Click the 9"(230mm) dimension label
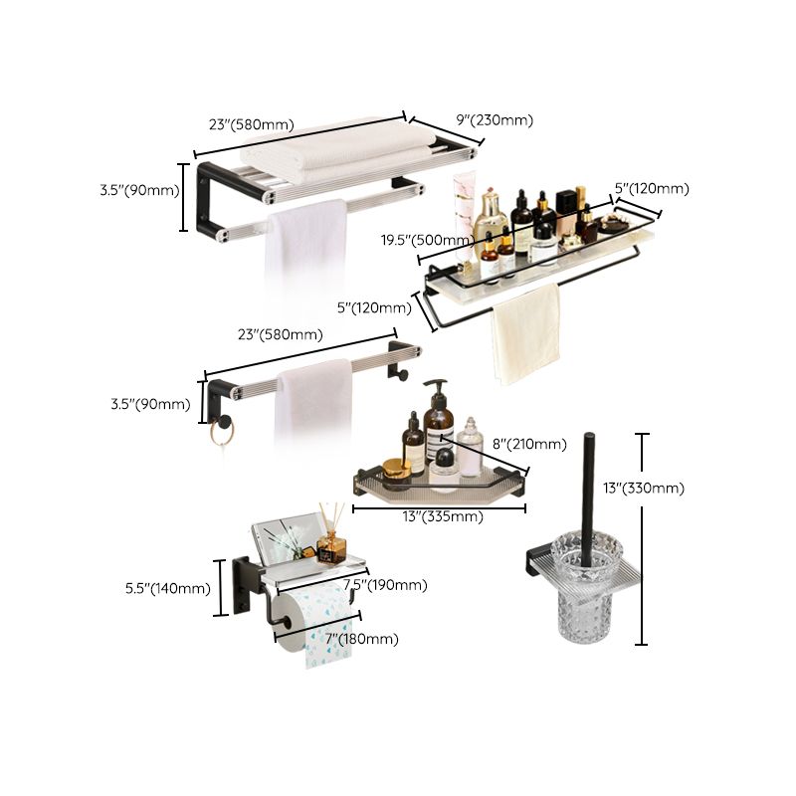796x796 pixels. [495, 120]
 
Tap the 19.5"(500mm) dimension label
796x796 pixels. [427, 241]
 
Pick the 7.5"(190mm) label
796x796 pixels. [385, 585]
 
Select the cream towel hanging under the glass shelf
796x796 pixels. [525, 333]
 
